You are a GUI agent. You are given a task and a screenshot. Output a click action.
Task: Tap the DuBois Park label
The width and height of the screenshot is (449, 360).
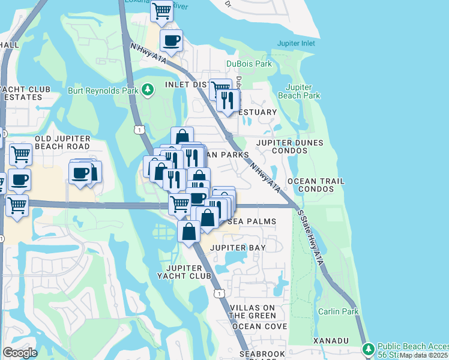249,64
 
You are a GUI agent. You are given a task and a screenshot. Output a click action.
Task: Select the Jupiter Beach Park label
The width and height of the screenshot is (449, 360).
300,91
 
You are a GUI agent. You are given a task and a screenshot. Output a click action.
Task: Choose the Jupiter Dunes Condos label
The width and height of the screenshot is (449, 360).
290,146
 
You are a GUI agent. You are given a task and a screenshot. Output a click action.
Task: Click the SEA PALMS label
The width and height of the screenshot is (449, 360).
252,221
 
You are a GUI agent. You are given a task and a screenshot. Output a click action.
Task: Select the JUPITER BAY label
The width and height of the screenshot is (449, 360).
238,247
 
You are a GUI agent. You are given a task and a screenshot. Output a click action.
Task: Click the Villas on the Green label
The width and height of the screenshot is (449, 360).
253,311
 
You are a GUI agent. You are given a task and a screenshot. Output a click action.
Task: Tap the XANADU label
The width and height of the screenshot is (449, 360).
330,340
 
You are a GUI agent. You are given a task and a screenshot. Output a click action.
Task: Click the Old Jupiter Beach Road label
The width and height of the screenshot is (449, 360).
62,143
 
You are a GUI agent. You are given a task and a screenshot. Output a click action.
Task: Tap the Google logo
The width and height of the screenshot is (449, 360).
20,352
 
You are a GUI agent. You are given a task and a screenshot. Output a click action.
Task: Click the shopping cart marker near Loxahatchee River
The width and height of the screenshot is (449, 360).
161,11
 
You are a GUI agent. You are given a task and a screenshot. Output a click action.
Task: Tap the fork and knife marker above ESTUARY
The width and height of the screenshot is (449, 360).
228,100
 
